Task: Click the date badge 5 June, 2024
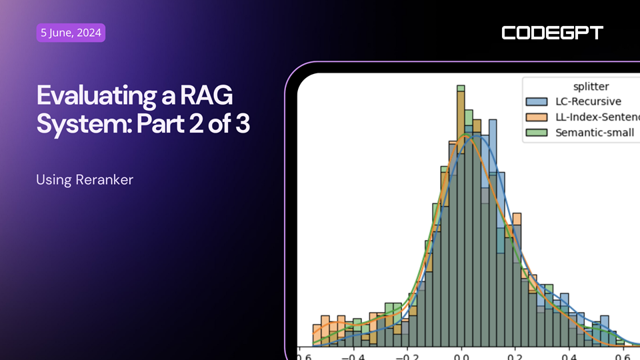(71, 33)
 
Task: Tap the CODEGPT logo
(552, 33)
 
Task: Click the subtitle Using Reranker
(85, 180)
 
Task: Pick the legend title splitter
(591, 87)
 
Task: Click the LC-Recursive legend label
(588, 102)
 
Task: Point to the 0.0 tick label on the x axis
(461, 356)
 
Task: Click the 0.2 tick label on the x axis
(515, 356)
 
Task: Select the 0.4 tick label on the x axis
(569, 356)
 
